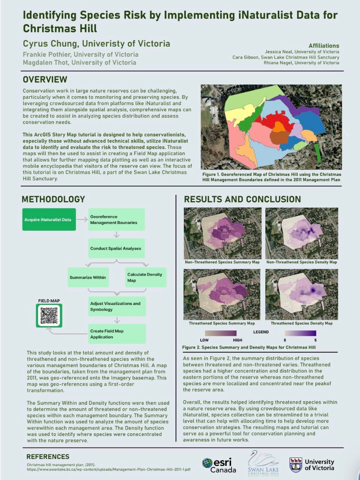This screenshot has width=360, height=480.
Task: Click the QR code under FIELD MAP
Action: pos(49,316)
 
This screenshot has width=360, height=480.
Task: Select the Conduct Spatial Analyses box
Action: pos(116,248)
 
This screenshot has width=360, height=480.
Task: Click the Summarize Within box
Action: pos(88,277)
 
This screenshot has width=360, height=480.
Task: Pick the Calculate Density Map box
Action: pos(145,277)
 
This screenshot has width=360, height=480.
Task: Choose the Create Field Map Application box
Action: pos(117,334)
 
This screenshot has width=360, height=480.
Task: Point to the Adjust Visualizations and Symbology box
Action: pos(117,306)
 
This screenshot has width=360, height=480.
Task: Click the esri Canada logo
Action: pos(219,465)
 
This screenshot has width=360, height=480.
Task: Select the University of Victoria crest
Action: pos(296,465)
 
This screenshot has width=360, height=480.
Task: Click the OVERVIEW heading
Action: pos(45,80)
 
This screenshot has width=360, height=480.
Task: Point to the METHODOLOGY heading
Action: pos(53,199)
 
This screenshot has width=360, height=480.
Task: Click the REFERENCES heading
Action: pos(48,457)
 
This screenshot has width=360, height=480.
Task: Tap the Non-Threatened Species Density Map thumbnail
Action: pos(301,233)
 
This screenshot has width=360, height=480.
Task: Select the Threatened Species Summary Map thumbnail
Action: pos(222,294)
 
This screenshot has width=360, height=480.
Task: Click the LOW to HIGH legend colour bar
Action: pos(221,333)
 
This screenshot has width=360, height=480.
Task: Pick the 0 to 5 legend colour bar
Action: pos(300,333)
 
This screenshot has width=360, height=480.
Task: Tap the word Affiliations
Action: pos(324,45)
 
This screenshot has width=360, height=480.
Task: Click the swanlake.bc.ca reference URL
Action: pos(108,469)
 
